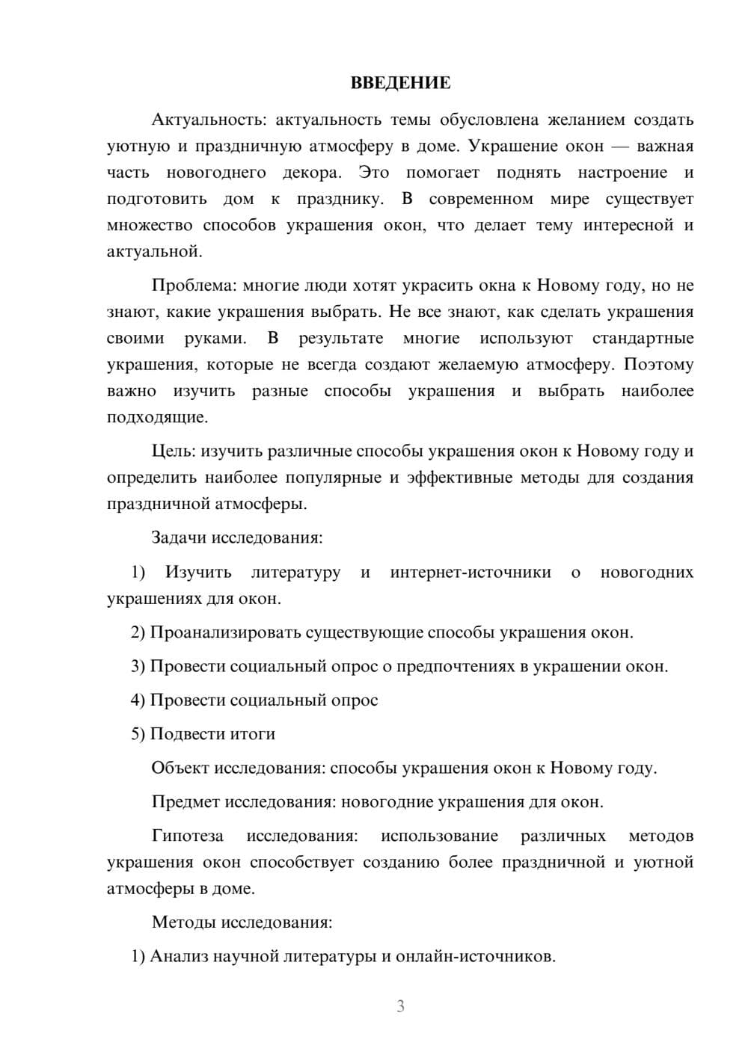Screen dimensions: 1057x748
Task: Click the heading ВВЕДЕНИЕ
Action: [400, 83]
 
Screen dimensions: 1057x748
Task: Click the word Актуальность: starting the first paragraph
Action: [208, 120]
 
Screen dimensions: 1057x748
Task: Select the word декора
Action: [312, 173]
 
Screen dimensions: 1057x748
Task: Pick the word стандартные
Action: [643, 339]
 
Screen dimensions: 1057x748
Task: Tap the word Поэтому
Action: [658, 365]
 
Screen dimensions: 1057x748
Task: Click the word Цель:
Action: [174, 452]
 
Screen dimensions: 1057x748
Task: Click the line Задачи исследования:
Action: [237, 537]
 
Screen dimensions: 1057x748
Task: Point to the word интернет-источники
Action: [470, 573]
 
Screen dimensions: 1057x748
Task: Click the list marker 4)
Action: [138, 700]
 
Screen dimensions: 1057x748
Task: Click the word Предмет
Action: [186, 802]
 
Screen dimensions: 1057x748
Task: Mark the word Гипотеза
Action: [187, 836]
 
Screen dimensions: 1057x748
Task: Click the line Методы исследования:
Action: [242, 922]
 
